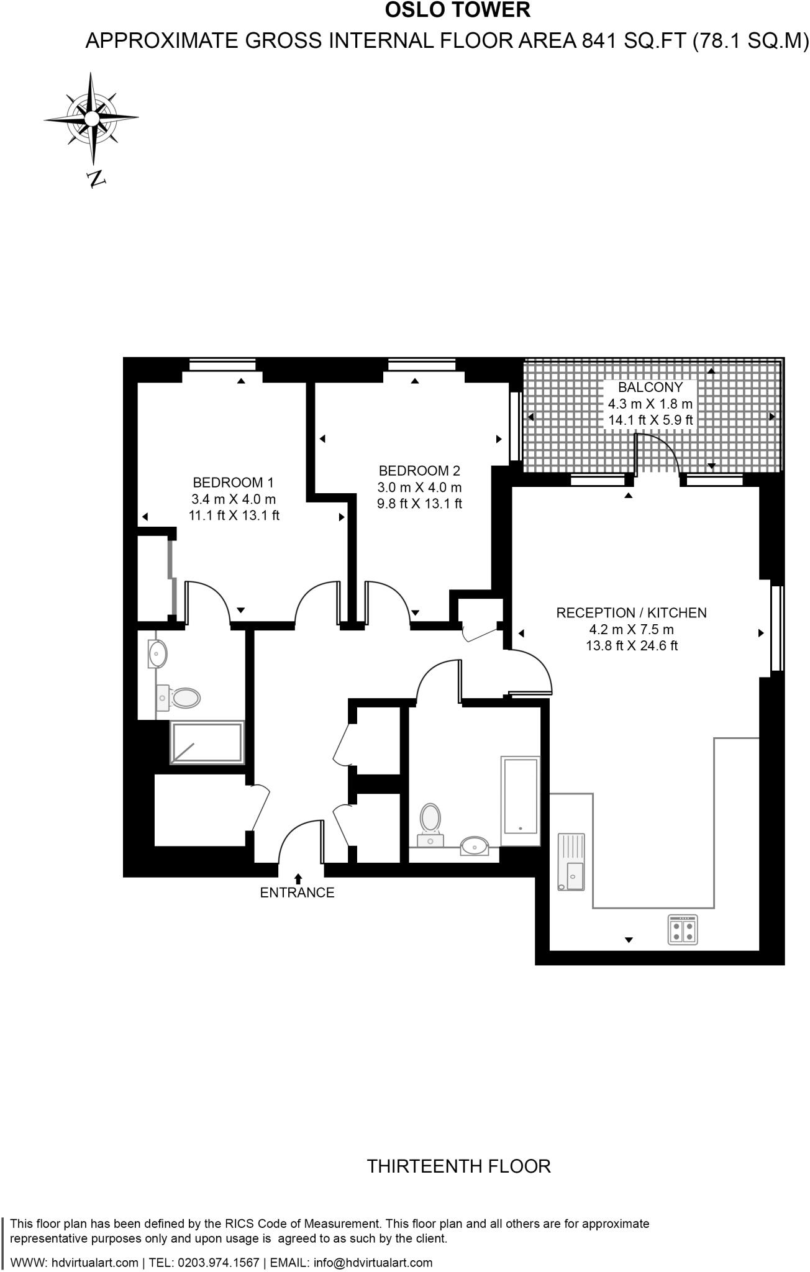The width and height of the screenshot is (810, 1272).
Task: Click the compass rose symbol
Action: pyautogui.click(x=91, y=117)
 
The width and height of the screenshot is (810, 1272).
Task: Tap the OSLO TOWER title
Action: pyautogui.click(x=458, y=11)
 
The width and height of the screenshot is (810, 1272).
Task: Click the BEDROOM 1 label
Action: pyautogui.click(x=233, y=483)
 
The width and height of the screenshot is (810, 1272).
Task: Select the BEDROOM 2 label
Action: pyautogui.click(x=419, y=471)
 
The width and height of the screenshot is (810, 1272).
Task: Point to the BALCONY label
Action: pyautogui.click(x=650, y=388)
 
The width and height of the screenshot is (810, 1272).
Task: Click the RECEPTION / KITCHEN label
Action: pyautogui.click(x=631, y=613)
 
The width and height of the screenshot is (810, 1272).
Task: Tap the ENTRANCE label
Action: pyautogui.click(x=297, y=893)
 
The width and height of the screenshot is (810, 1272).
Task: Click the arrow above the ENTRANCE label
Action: pyautogui.click(x=298, y=878)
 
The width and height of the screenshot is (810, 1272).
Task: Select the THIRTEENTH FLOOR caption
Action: pyautogui.click(x=458, y=1166)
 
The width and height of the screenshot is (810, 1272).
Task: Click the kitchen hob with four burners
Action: pyautogui.click(x=683, y=930)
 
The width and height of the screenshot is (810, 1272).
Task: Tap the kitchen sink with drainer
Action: pyautogui.click(x=571, y=862)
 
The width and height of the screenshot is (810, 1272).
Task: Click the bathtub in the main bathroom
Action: pyautogui.click(x=520, y=801)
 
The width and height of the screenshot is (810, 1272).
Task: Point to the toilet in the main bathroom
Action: pyautogui.click(x=430, y=821)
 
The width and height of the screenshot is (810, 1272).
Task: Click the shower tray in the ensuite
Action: pyautogui.click(x=207, y=743)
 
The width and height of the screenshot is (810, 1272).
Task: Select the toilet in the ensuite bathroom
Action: pyautogui.click(x=181, y=697)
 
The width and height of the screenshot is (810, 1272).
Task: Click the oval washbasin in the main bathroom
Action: pyautogui.click(x=475, y=845)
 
